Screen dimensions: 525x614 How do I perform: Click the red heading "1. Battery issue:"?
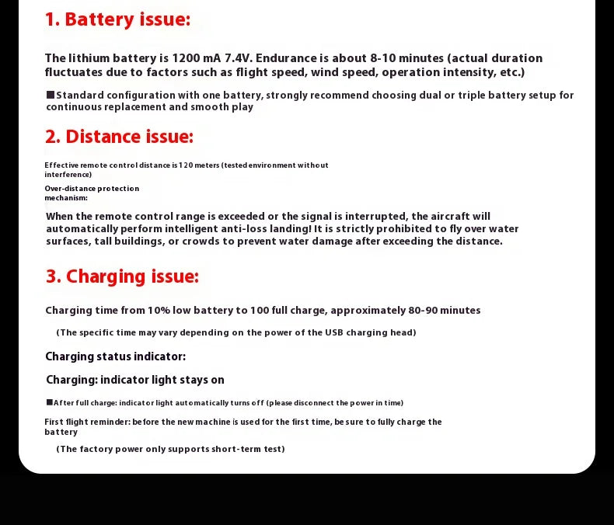tap(117, 19)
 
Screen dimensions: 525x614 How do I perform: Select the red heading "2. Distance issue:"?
tap(119, 137)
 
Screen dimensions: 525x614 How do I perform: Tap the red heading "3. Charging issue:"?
tap(122, 276)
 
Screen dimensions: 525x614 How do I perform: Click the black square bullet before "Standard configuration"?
tap(50, 95)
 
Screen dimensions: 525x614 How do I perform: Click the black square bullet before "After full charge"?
tap(49, 402)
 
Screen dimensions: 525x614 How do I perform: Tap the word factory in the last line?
tap(97, 449)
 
